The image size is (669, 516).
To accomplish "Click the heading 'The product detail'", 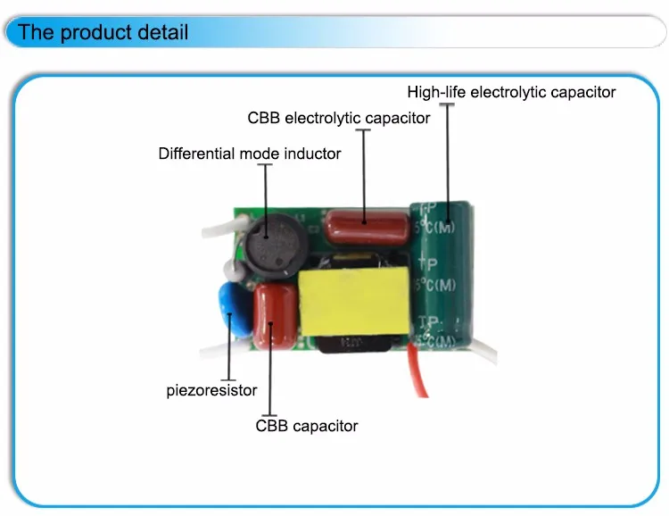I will coord(103,34).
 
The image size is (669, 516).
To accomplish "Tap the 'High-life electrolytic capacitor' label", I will coord(511,92).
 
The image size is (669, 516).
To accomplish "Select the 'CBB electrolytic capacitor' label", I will coord(339,118).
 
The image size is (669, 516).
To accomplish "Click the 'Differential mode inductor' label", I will coord(250,154).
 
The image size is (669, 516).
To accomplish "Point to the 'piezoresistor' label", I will coord(211,390).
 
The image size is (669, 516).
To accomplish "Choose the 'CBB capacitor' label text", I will coord(307,426).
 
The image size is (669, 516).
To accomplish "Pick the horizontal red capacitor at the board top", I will coord(366,227).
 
